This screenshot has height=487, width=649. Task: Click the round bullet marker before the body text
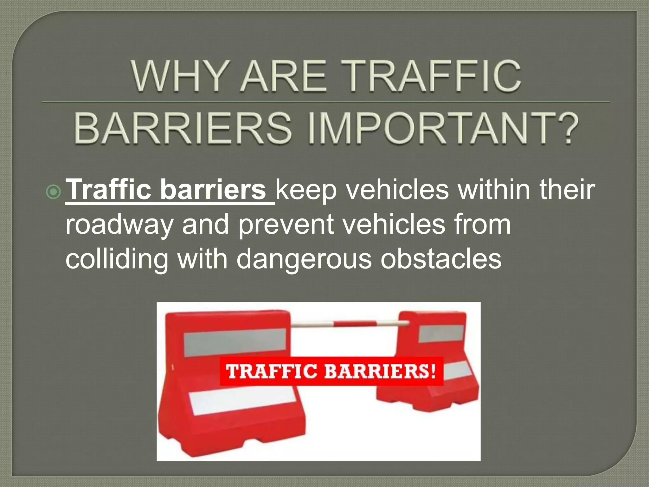point(53,192)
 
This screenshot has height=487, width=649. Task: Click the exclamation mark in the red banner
point(433,371)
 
